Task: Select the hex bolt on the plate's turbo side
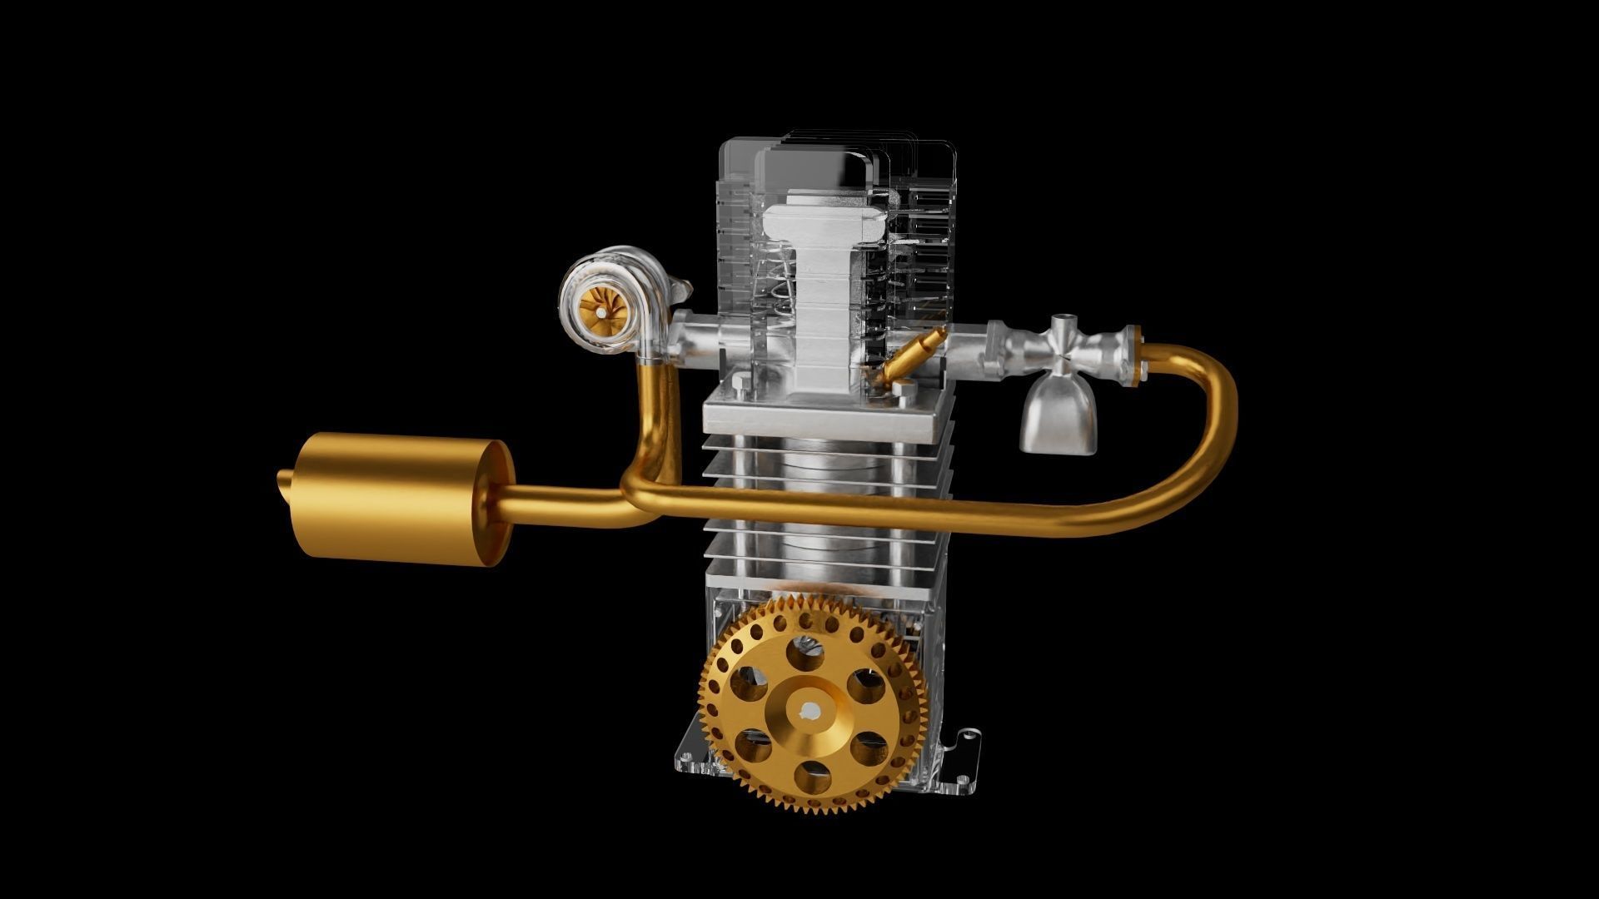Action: (740, 384)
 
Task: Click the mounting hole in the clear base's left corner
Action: (688, 760)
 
